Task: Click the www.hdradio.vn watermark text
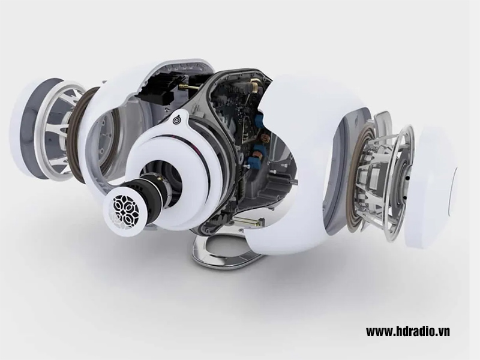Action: coord(407,331)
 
